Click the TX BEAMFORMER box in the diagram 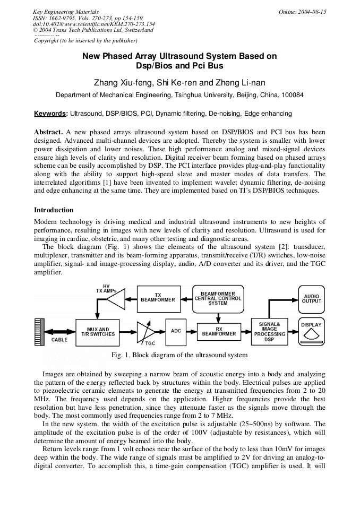(x=158, y=298)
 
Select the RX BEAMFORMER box (x=219, y=332)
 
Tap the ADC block (x=176, y=331)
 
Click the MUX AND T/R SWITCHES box (x=98, y=332)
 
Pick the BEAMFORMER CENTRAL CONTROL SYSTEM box (x=218, y=298)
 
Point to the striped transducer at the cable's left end (x=38, y=331)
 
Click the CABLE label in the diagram (x=59, y=340)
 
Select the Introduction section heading (x=54, y=210)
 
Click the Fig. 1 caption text (x=179, y=355)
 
